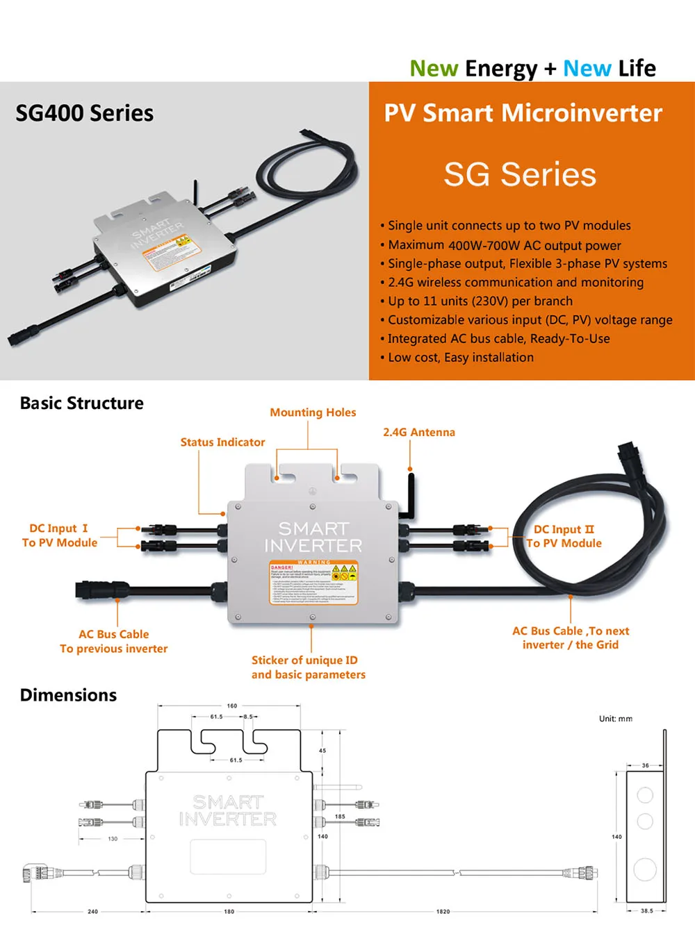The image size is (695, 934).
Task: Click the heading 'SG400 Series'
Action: point(84,113)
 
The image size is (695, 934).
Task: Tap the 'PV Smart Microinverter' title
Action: point(523,113)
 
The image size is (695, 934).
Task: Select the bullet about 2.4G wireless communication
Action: point(515,283)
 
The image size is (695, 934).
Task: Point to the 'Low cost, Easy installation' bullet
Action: point(460,358)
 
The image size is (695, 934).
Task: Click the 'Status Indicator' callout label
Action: point(222,442)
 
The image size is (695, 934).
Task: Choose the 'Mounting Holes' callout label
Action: point(313,412)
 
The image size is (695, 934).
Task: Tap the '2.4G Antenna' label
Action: point(418,432)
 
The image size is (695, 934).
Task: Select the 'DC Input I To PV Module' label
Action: point(60,535)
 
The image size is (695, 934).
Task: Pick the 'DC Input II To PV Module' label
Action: point(564,536)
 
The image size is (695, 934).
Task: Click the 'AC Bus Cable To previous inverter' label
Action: point(113,641)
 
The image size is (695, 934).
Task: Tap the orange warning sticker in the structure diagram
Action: point(313,583)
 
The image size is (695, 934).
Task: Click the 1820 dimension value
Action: point(443,911)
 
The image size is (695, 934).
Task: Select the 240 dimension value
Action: point(92,911)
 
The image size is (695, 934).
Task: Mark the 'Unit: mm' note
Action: point(615,719)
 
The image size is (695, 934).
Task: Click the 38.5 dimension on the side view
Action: point(646,910)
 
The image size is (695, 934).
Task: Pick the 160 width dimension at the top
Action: point(231,706)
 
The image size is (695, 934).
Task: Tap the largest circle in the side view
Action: point(645,869)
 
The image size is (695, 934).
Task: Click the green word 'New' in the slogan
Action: point(433,69)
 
